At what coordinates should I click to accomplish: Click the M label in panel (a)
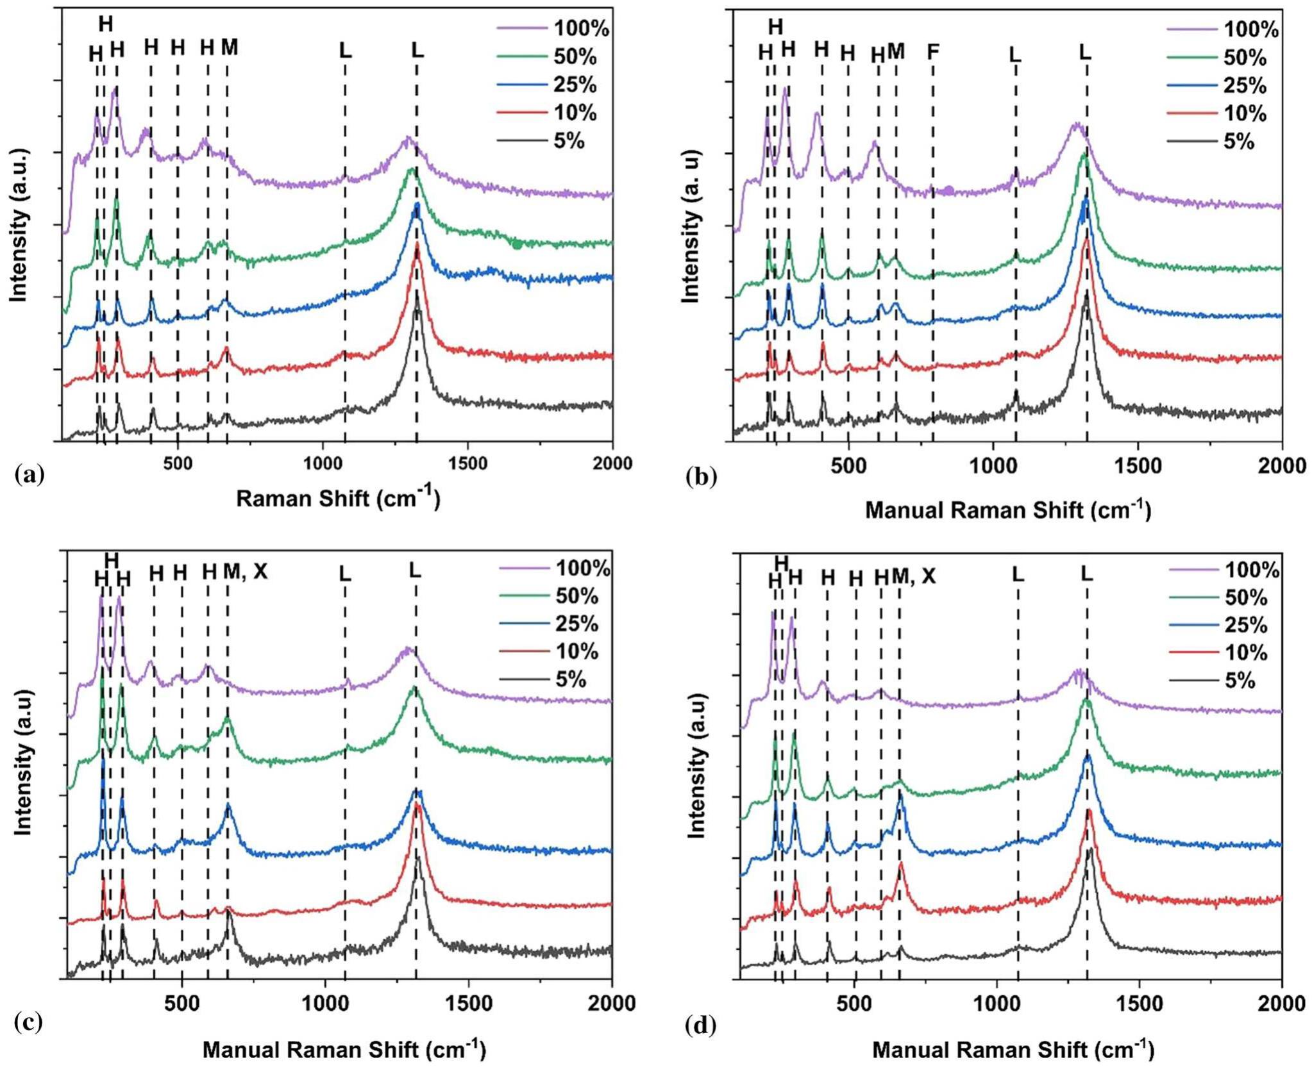(x=230, y=47)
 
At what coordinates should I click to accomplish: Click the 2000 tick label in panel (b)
(x=1282, y=466)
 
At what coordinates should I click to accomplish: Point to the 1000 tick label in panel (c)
(x=325, y=1003)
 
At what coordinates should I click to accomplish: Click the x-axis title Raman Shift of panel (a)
(x=338, y=498)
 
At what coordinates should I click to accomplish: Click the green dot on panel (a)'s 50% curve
(x=517, y=244)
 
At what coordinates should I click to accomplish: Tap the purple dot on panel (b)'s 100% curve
(x=948, y=190)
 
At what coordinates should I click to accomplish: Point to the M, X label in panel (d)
(x=914, y=577)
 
